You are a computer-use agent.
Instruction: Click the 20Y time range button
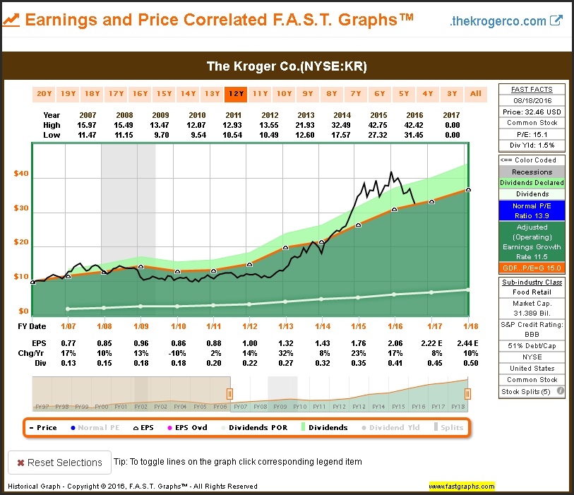point(44,93)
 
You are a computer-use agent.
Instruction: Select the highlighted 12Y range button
point(236,93)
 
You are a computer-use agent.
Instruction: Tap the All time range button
point(476,93)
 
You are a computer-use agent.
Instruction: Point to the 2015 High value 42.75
point(380,124)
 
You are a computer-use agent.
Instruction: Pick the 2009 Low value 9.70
point(161,134)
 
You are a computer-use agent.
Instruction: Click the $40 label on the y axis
point(22,174)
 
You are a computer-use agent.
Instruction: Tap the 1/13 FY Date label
point(286,326)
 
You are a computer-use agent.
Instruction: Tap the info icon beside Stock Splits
point(560,390)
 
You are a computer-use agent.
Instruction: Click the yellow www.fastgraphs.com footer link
point(461,487)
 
